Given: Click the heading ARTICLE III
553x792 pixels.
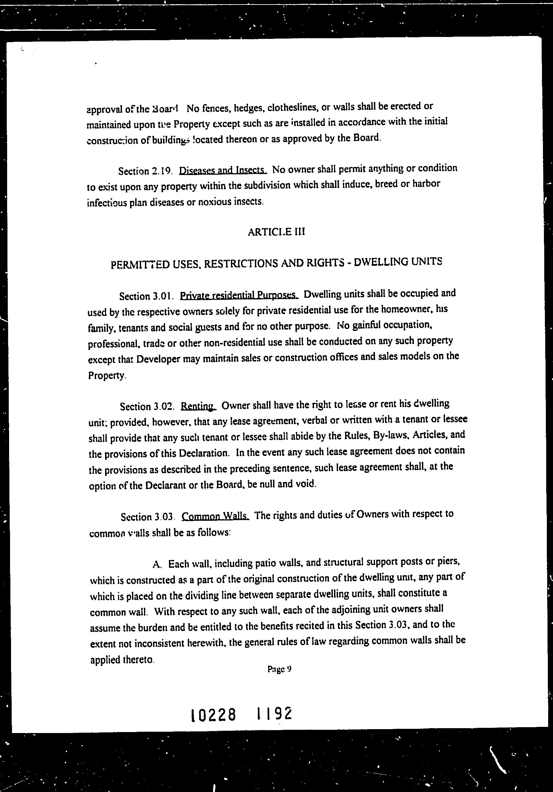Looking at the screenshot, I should tap(276, 232).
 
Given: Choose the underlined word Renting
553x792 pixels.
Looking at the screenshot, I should tap(198, 406).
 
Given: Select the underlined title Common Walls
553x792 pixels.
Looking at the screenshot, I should tap(215, 516).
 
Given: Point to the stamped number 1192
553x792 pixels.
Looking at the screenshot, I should tap(275, 713).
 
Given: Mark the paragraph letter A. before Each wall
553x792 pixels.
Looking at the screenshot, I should tap(157, 564).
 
